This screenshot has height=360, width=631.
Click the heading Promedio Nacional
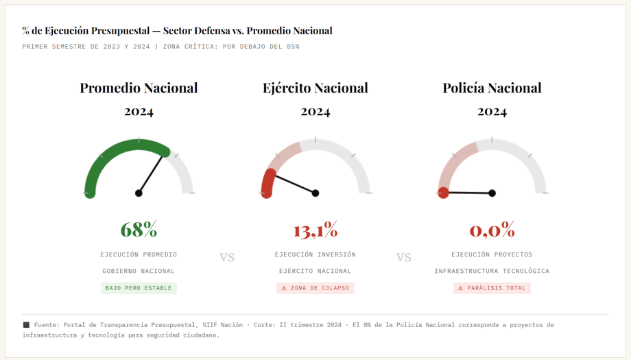click(139, 88)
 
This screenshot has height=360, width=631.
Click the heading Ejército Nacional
click(315, 88)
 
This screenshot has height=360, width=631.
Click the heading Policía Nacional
click(492, 88)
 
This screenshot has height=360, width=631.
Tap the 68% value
click(139, 229)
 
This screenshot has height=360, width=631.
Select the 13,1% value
click(315, 230)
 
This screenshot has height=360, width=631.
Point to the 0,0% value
click(492, 230)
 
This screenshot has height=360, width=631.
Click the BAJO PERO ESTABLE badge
click(139, 288)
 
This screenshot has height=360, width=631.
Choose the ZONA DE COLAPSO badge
click(315, 288)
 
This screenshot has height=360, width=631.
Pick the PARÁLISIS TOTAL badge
click(492, 288)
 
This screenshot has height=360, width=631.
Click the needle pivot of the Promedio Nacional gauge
click(139, 193)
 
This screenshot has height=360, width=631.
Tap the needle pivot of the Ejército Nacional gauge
click(315, 193)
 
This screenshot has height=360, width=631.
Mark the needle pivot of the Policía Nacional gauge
click(492, 193)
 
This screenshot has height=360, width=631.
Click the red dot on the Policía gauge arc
click(444, 193)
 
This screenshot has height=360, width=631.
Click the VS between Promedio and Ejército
click(227, 257)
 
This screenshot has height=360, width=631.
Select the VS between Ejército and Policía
click(403, 257)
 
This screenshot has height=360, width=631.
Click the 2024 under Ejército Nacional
click(315, 112)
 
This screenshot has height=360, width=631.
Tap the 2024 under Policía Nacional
click(492, 112)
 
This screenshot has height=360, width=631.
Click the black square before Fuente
click(26, 325)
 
